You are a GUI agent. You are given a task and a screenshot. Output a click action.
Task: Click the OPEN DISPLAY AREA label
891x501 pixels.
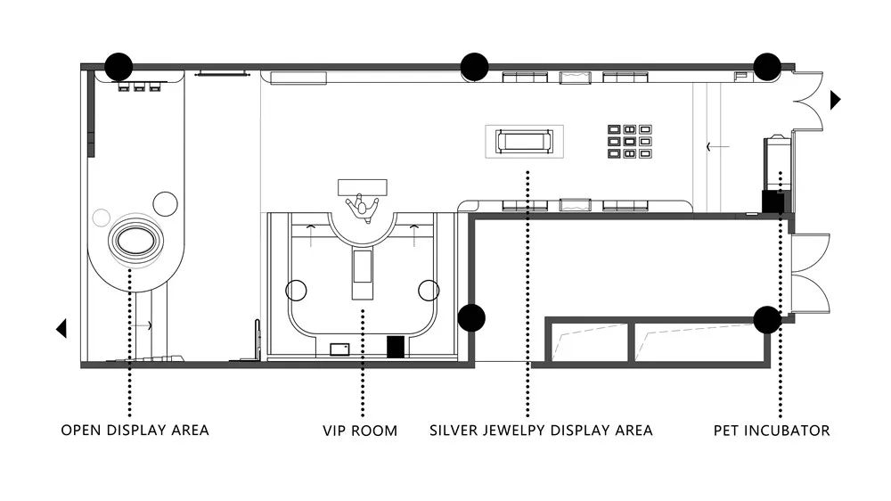(135, 430)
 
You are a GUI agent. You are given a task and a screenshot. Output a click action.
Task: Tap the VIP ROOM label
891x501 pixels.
(360, 431)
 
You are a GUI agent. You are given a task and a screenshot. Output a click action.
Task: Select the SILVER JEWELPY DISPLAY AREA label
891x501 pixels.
(541, 431)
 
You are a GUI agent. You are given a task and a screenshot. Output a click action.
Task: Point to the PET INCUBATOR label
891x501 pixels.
(772, 431)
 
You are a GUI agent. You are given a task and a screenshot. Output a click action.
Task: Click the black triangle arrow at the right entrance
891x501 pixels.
(836, 100)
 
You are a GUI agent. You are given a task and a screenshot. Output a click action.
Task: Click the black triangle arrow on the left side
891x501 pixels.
(61, 328)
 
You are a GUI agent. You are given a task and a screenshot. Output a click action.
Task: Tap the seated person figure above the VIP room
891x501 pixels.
(362, 207)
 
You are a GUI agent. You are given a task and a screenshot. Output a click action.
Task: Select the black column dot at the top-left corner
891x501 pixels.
(119, 67)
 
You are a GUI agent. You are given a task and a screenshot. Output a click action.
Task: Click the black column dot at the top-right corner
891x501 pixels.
(767, 67)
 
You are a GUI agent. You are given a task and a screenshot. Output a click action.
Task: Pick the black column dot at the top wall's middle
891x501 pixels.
(474, 67)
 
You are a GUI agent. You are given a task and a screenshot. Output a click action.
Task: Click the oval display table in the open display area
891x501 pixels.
(135, 241)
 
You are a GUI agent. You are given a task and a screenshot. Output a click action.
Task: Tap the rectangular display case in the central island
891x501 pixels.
(524, 141)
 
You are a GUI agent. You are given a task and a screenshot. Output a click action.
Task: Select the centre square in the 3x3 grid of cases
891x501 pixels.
(629, 141)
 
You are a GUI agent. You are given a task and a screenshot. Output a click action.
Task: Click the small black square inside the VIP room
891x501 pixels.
(396, 347)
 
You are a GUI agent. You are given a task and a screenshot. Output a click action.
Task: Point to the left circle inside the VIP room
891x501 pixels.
(296, 290)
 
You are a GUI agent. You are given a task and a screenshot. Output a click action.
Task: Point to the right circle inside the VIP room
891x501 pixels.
(429, 290)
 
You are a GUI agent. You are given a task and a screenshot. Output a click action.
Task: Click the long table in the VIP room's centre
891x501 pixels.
(363, 274)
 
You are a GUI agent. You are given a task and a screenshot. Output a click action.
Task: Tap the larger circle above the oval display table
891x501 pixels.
(166, 203)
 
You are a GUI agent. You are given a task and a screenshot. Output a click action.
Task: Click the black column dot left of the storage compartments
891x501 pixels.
(471, 317)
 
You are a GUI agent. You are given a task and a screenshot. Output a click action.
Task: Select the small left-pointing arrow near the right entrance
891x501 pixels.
(717, 147)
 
